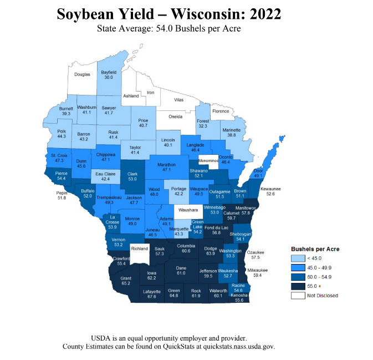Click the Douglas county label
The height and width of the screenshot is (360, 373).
tap(83, 74)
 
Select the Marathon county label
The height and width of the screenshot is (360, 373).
tap(166, 164)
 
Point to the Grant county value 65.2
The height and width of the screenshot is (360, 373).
tap(126, 283)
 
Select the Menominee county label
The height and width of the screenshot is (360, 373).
tap(210, 160)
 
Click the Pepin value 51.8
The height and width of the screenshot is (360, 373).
tap(62, 197)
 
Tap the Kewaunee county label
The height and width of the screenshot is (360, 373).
tap(270, 189)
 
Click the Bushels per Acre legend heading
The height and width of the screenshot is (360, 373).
tap(315, 249)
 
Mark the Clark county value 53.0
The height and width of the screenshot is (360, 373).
tap(132, 179)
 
